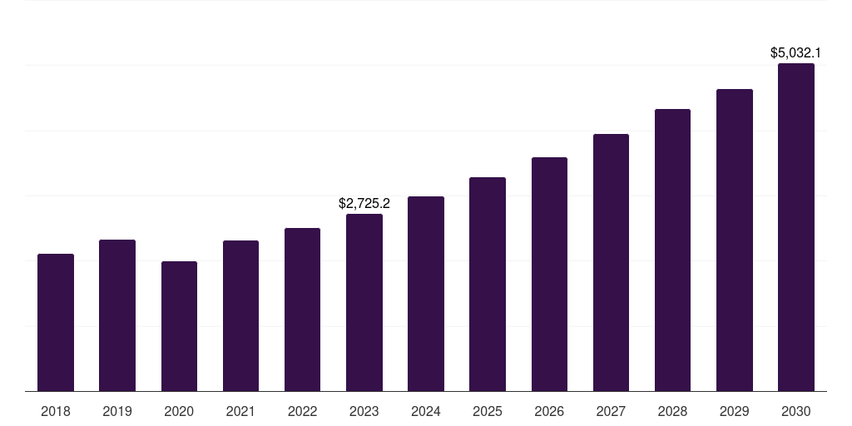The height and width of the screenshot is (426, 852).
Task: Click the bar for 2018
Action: click(x=56, y=322)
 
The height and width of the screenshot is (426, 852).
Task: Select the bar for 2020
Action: click(x=179, y=326)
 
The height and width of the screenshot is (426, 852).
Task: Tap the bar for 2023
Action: click(x=364, y=302)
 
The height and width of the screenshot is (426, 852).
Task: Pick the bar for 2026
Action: click(x=549, y=274)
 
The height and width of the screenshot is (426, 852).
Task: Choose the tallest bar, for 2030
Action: click(x=795, y=227)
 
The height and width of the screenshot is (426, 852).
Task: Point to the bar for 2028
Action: click(x=672, y=250)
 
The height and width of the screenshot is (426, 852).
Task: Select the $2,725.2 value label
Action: click(x=364, y=203)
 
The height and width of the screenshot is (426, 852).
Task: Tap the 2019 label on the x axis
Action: click(x=117, y=411)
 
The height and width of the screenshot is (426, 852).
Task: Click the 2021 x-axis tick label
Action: click(x=240, y=411)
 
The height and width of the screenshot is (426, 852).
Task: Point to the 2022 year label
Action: click(x=302, y=411)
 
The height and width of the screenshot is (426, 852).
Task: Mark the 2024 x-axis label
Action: click(x=426, y=411)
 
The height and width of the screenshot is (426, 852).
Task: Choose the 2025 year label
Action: click(x=488, y=411)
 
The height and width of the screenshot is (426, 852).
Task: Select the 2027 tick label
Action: click(x=611, y=411)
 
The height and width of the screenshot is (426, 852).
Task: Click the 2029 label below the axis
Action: click(x=734, y=411)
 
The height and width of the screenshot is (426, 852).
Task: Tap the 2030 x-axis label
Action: click(x=795, y=411)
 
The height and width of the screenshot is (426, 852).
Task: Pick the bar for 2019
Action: click(x=117, y=315)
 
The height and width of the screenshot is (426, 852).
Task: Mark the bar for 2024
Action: click(x=426, y=294)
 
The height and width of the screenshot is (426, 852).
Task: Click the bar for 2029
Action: click(x=734, y=240)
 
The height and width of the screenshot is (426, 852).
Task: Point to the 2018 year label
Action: click(x=56, y=411)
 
